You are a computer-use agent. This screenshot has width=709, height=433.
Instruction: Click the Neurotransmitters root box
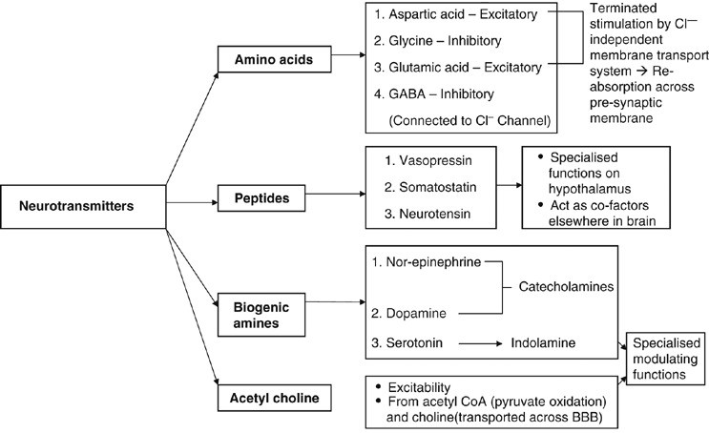pos(73,205)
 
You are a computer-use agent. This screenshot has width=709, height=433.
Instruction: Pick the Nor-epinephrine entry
pos(430,261)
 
